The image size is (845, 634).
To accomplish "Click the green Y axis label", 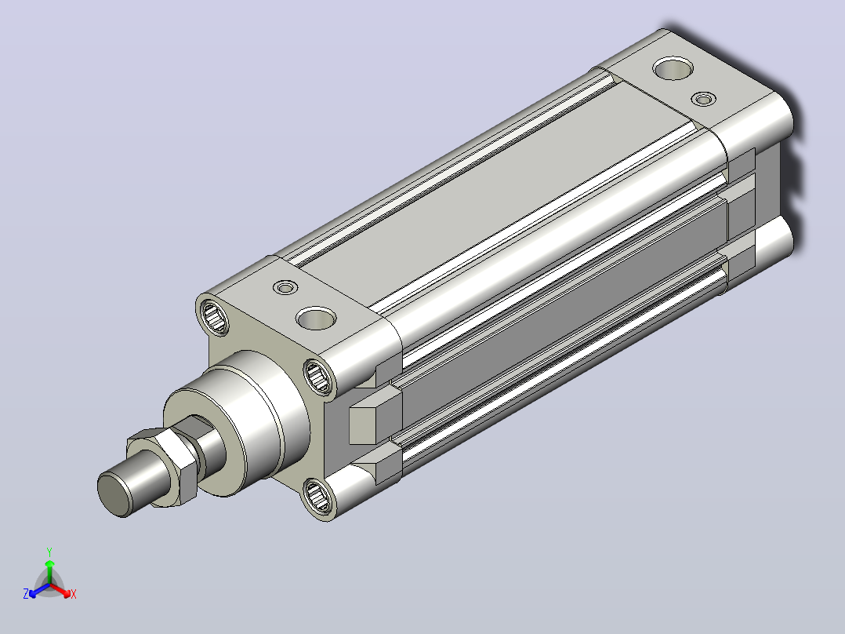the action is tap(49, 552).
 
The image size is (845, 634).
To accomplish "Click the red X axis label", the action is tap(74, 594).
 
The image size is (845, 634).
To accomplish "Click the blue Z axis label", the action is tap(26, 594).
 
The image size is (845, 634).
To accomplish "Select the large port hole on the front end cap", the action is tap(316, 319).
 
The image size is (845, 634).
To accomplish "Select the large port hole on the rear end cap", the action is tap(673, 68).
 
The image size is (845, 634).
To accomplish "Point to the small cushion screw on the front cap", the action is tap(285, 287).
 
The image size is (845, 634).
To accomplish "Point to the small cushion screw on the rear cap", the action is tap(703, 100).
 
